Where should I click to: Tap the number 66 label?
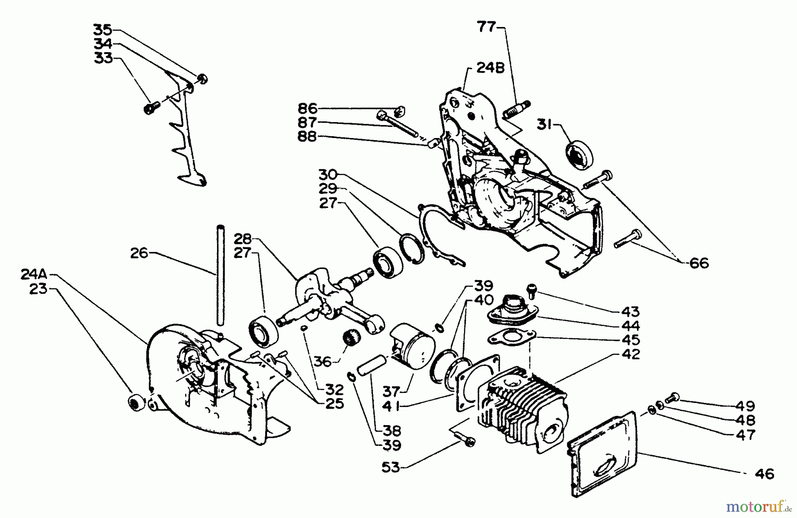(x=699, y=263)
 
